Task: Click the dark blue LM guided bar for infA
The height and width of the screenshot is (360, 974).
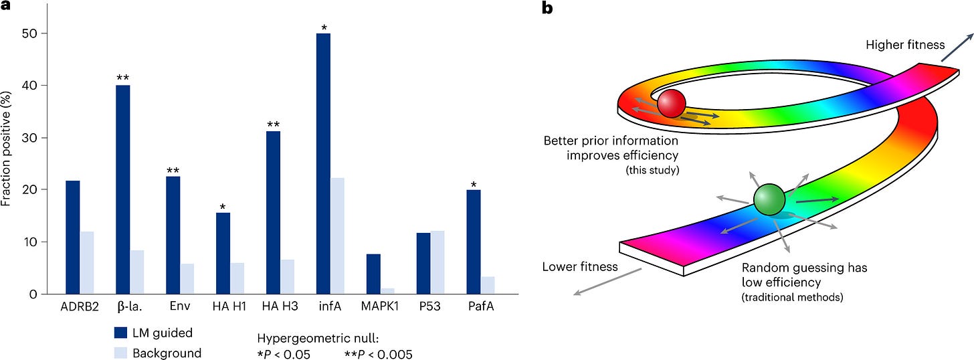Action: coord(324,163)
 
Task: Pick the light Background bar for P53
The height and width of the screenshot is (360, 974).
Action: coord(437,262)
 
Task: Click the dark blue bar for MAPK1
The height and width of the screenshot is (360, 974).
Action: coord(373,274)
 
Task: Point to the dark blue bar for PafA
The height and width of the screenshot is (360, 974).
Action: coord(474,242)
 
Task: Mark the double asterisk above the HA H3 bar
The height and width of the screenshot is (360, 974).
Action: coord(274,124)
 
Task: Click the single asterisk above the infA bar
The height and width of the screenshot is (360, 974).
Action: coord(324,27)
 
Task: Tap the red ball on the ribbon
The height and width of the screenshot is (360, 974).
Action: coord(671,104)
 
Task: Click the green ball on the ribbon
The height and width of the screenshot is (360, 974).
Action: coord(769,200)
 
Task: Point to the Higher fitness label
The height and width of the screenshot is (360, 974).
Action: coord(905,46)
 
